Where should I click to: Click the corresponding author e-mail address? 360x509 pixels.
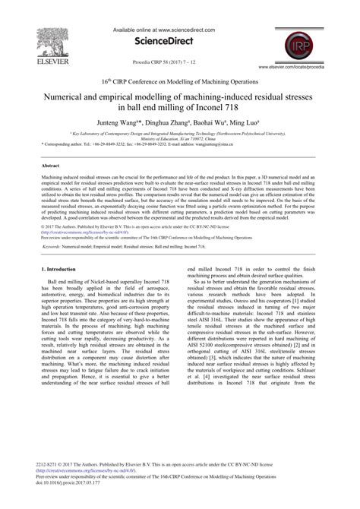(261, 143)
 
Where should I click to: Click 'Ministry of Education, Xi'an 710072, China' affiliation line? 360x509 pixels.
(179, 137)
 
